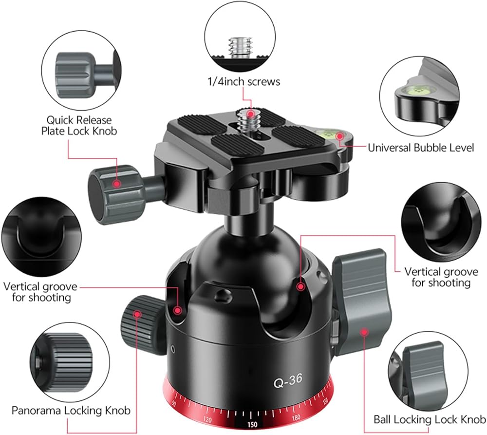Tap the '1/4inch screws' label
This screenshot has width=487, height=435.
244,81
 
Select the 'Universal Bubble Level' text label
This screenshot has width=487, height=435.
421,147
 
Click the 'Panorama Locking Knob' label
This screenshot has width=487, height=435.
71,410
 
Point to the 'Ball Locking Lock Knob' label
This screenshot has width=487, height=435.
430,419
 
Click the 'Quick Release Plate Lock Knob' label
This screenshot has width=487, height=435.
79,125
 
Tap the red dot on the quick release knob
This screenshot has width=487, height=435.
117,184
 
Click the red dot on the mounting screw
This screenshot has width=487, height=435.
250,113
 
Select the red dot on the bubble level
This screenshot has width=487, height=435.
340,136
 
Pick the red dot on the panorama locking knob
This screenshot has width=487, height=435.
137,314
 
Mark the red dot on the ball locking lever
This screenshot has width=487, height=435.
364,332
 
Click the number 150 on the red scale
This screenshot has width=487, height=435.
252,424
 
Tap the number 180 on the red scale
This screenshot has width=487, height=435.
296,417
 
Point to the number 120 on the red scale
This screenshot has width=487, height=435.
207,419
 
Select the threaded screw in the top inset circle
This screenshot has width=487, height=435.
240,48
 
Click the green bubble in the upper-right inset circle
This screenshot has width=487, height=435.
417,91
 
